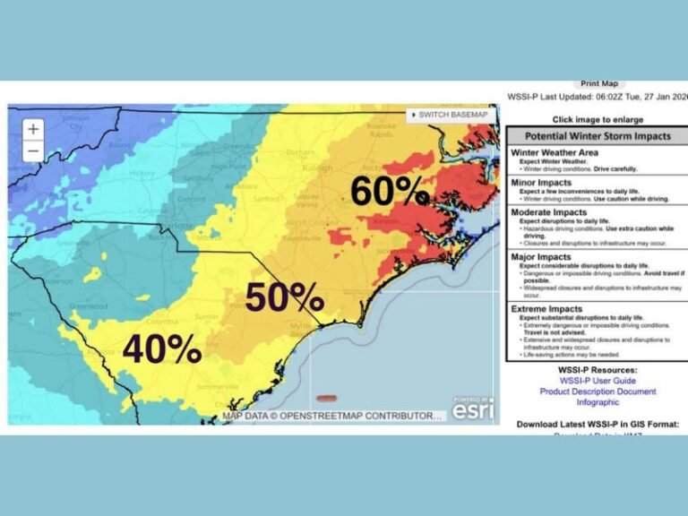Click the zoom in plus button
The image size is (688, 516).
[33, 129]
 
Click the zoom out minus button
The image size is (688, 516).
[33, 150]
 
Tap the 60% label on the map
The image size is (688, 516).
[389, 191]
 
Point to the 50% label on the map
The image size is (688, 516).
[284, 297]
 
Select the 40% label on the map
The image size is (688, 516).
[161, 349]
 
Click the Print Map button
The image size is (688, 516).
[598, 83]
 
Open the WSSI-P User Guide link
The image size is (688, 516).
[598, 380]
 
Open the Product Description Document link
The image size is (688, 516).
[598, 391]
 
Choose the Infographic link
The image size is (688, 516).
[598, 402]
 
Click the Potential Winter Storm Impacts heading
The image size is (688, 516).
[598, 136]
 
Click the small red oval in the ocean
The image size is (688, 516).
[331, 398]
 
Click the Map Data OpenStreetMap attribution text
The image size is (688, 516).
[332, 416]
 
